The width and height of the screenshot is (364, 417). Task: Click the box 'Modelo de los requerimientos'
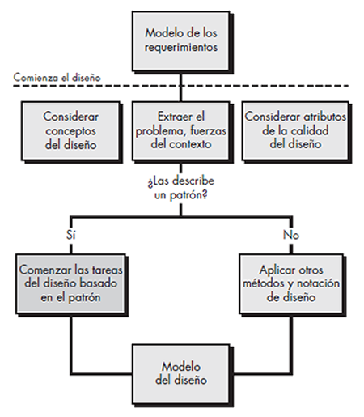[181, 40]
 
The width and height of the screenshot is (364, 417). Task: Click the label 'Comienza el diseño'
[57, 78]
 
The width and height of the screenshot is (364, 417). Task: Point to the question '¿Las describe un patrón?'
[181, 188]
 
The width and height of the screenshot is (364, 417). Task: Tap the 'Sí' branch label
[71, 235]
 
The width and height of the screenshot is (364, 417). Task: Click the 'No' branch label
[291, 235]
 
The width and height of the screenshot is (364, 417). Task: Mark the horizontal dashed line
[180, 86]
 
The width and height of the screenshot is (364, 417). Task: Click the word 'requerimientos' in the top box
[181, 48]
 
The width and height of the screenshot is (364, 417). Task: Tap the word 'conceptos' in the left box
[70, 132]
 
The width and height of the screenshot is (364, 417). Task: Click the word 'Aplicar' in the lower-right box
[273, 270]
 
